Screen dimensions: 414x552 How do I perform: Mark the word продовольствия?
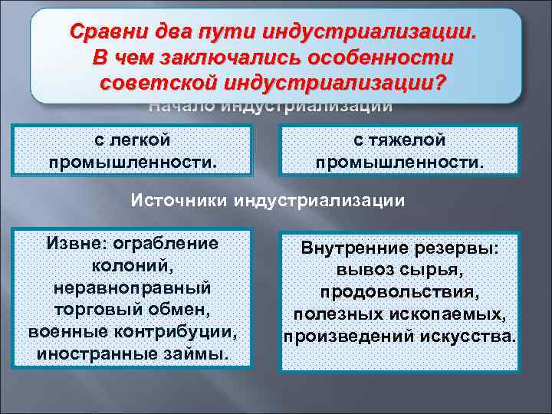click(399, 294)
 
